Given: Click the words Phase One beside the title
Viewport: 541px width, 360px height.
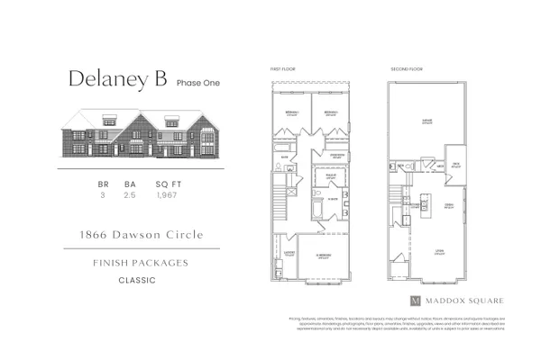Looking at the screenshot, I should tap(197, 83).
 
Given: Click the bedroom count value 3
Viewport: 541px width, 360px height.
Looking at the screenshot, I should tap(102, 194).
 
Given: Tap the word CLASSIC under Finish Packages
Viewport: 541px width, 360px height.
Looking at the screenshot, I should tap(135, 281).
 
